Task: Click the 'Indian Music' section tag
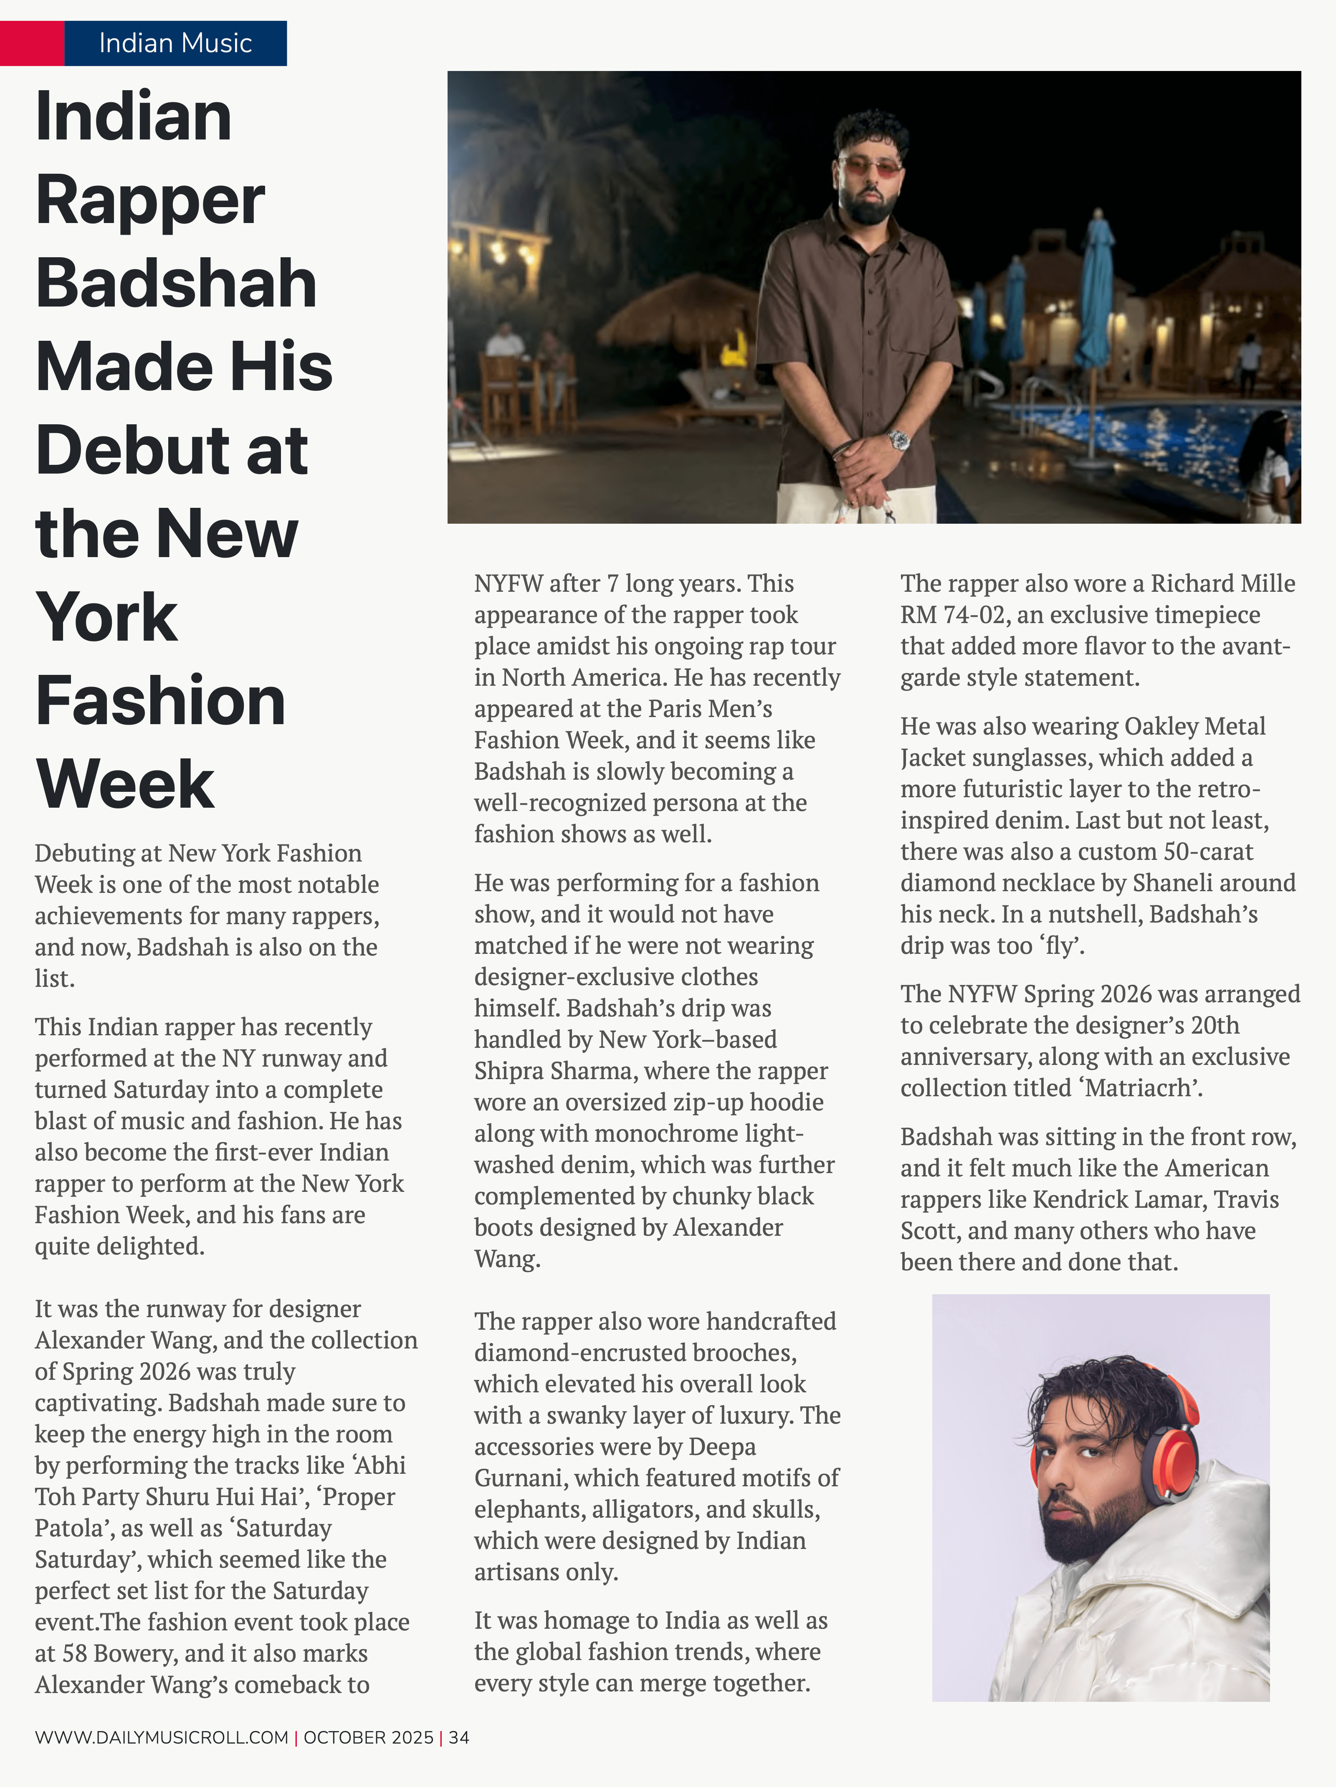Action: point(175,43)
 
